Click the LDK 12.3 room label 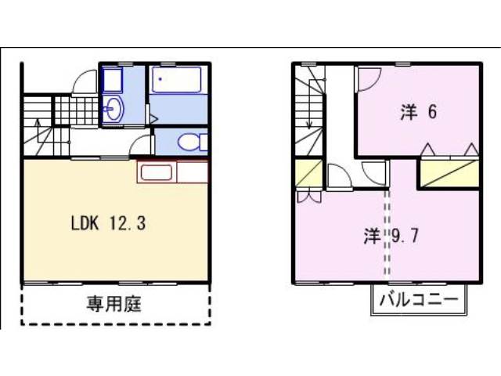[x=108, y=222]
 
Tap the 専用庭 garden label [x=114, y=303]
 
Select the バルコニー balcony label [x=419, y=299]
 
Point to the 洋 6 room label [x=419, y=112]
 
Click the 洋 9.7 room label [x=391, y=236]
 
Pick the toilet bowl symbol [x=193, y=142]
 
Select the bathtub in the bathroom [x=177, y=80]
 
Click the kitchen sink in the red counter [x=157, y=172]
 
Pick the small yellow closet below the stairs [x=308, y=173]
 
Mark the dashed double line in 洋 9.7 [x=387, y=233]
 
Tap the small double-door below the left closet [x=309, y=197]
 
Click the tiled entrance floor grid [x=76, y=110]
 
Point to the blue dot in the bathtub [x=160, y=79]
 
